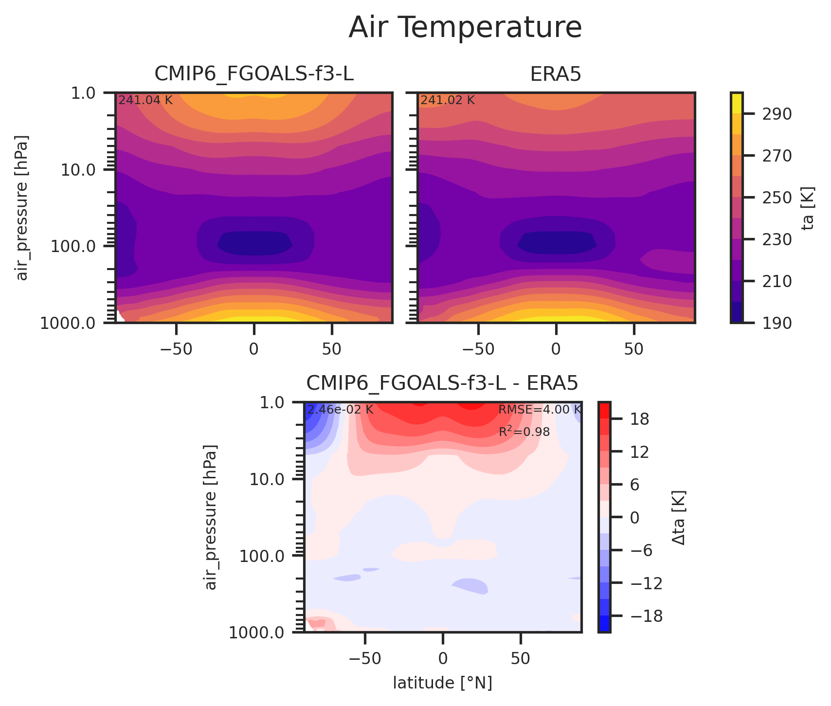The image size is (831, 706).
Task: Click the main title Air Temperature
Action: coord(465,28)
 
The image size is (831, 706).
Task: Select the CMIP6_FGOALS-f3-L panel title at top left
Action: coord(253,74)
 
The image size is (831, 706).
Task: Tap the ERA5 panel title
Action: coord(556,74)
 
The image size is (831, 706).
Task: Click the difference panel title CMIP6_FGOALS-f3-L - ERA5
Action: coord(442,383)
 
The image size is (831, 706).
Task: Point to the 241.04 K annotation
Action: coord(145,100)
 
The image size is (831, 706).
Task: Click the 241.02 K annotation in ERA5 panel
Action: coord(448,100)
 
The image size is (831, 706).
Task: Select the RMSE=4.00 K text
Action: coord(539,410)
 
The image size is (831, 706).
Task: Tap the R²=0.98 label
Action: coord(524,431)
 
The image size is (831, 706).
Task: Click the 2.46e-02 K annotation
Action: coord(340,410)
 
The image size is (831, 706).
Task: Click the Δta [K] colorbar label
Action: coord(679,517)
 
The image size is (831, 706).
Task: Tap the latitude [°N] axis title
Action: coord(442,683)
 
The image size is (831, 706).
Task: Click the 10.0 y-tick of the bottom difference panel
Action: coord(268,479)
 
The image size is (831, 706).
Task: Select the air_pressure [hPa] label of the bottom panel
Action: coord(210,517)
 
